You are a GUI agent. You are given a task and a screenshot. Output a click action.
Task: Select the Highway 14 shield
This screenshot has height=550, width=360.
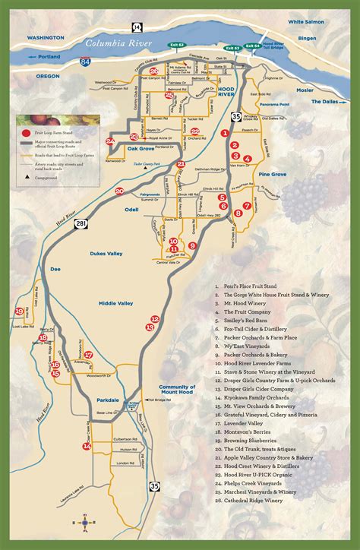(x=137, y=27)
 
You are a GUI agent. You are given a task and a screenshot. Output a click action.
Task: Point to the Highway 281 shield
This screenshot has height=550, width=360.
(x=81, y=223)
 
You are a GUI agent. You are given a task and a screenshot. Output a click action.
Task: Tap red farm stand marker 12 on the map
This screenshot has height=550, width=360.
(x=155, y=319)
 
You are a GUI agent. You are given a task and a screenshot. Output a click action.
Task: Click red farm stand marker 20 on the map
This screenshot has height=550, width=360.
(x=118, y=191)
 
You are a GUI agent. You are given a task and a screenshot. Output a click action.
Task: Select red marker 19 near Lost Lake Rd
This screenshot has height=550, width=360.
(x=18, y=311)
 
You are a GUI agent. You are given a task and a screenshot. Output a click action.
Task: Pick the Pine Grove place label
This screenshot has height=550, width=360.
(x=271, y=174)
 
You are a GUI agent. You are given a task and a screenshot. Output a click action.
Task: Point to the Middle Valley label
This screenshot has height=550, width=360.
(x=115, y=303)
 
